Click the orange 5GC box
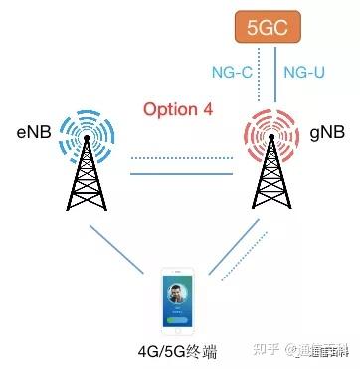tap(265, 28)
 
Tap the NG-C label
tap(232, 72)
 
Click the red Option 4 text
tap(178, 108)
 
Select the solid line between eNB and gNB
tap(175, 175)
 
